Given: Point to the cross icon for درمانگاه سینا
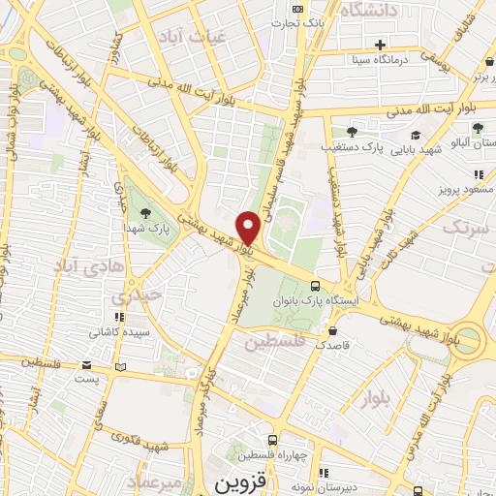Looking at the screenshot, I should pyautogui.click(x=381, y=45).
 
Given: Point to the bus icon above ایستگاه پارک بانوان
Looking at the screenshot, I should pyautogui.click(x=315, y=286).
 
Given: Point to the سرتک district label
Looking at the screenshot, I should pyautogui.click(x=463, y=228).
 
